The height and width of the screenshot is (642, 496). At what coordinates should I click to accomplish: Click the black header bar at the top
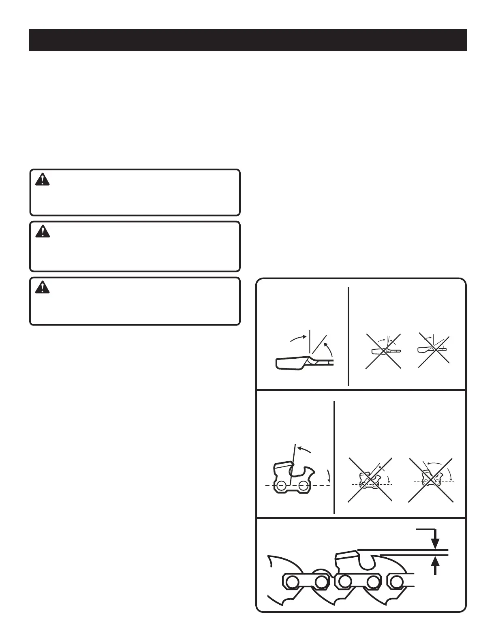[248, 40]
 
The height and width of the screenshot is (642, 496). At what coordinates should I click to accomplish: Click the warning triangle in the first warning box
[42, 180]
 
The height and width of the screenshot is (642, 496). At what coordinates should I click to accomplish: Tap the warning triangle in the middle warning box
[42, 231]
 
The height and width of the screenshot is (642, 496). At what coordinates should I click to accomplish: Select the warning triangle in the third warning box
[42, 287]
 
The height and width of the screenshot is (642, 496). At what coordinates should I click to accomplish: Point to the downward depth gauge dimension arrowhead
[435, 544]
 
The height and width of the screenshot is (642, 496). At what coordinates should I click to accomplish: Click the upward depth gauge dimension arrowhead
[435, 562]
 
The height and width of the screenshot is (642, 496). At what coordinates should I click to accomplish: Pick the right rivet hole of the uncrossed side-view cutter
[302, 485]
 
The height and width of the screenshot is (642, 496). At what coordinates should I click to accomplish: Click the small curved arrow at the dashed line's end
[329, 475]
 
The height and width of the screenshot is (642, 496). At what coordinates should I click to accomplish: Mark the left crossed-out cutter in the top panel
[383, 351]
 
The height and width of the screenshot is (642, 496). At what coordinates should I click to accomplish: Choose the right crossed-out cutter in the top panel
[433, 351]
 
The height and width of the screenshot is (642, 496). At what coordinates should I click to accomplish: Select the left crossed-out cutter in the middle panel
[370, 480]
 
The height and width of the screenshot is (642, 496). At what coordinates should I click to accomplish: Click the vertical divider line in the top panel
[348, 336]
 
